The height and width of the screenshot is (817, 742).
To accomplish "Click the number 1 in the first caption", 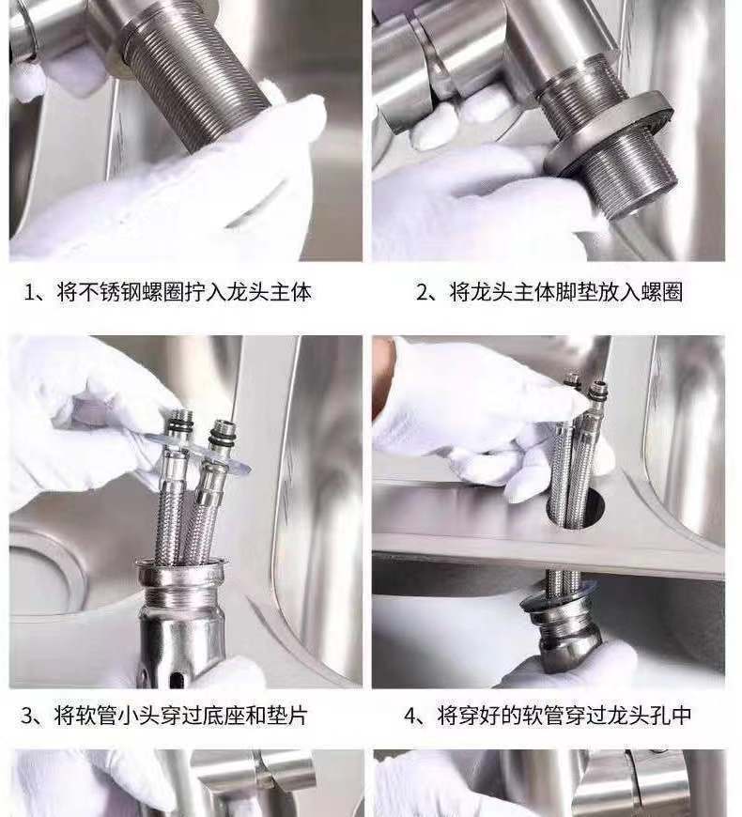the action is pyautogui.click(x=29, y=292).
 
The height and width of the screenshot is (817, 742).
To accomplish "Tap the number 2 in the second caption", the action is pyautogui.click(x=422, y=292).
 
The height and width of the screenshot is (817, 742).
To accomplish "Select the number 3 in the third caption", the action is pyautogui.click(x=27, y=716).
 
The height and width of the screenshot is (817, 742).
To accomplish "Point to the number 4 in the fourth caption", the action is pyautogui.click(x=410, y=716).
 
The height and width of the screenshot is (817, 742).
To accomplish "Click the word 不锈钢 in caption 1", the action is pyautogui.click(x=104, y=292).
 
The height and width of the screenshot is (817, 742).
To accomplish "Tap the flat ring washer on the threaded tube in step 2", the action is pyautogui.click(x=610, y=141).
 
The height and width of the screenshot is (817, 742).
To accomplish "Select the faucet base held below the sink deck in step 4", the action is pyautogui.click(x=559, y=630).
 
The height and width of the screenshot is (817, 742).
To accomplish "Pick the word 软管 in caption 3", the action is pyautogui.click(x=95, y=716).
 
